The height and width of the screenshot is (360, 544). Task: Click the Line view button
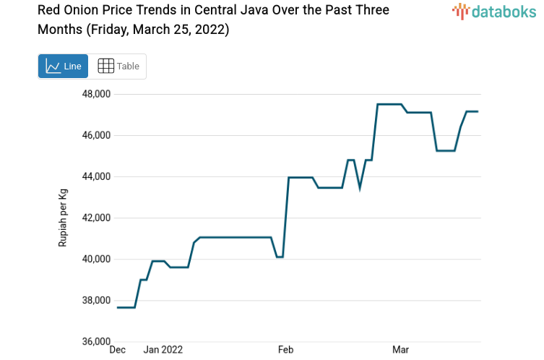pos(63,67)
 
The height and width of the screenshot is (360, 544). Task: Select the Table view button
pos(118,67)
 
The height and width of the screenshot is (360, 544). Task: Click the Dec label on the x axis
pos(117,350)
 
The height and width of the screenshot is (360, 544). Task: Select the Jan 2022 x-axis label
pos(163,350)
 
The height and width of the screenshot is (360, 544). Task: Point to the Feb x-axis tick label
pos(285,350)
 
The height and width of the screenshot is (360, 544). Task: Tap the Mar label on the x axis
pos(400,350)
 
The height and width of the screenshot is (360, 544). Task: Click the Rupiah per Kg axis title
pos(64,218)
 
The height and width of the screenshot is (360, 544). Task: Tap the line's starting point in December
pos(118,307)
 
